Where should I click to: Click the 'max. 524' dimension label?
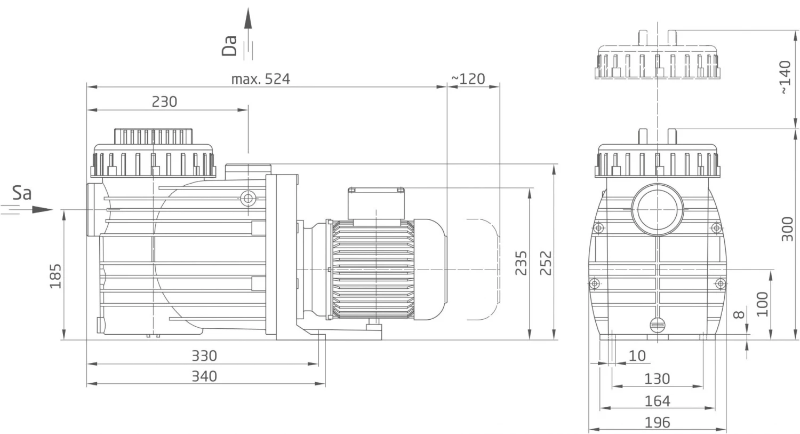click(x=260, y=79)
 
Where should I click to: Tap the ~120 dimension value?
click(x=468, y=78)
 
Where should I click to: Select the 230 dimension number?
click(x=164, y=101)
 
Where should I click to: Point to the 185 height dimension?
click(x=56, y=275)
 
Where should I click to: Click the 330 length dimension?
click(x=204, y=356)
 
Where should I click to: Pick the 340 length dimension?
click(x=204, y=376)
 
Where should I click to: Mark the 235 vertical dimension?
click(x=521, y=263)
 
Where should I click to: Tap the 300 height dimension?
click(x=787, y=229)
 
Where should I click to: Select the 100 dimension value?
click(x=762, y=304)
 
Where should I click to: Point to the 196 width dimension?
click(x=657, y=423)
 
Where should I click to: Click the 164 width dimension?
click(x=657, y=401)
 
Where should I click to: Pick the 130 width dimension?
click(x=657, y=378)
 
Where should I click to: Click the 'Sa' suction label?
click(x=22, y=193)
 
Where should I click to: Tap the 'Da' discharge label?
click(x=229, y=46)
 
